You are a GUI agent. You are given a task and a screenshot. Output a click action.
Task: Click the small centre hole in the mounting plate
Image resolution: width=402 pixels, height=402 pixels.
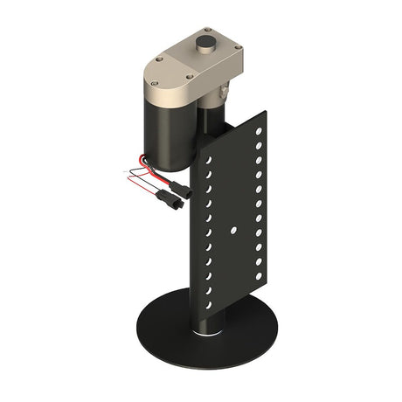(235, 228)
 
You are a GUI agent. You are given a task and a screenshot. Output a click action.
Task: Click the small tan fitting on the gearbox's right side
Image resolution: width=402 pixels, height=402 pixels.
(225, 87)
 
